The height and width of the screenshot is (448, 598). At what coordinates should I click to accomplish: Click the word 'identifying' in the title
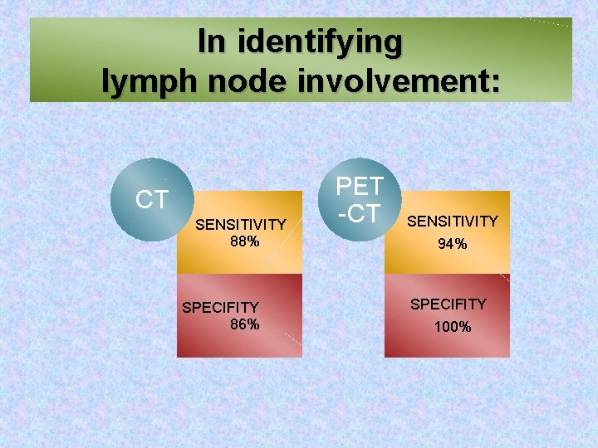point(321,41)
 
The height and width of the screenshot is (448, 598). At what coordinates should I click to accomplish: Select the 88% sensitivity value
point(245,241)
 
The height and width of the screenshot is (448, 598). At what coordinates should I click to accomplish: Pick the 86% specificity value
point(244,324)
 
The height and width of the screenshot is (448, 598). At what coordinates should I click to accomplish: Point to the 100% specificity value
point(453,327)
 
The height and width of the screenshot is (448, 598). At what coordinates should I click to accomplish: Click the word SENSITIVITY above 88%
point(240,225)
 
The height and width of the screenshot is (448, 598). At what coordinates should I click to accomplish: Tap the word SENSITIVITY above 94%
point(453,221)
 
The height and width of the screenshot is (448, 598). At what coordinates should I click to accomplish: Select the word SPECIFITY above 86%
point(220,308)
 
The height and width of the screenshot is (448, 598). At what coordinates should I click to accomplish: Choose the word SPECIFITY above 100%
point(448,304)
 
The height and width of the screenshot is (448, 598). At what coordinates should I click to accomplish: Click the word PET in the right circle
point(360,186)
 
